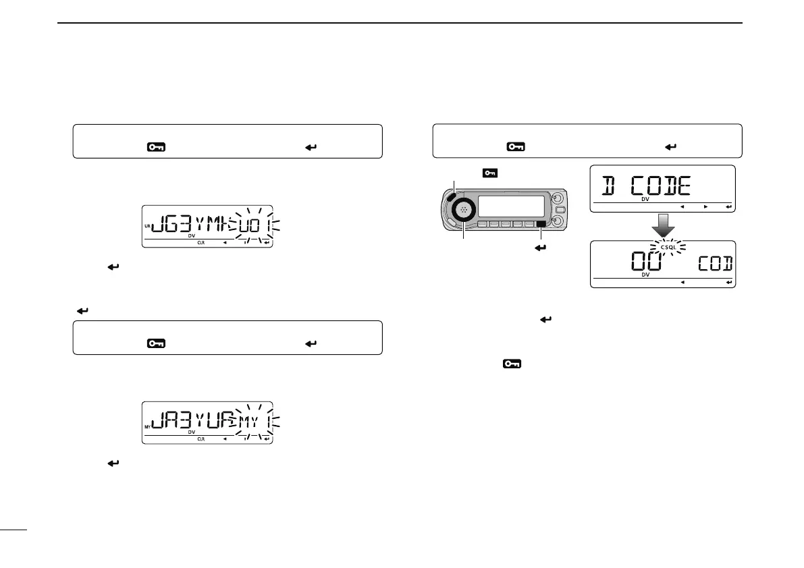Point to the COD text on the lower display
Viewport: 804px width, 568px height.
(715, 264)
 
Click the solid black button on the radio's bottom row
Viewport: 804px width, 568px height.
(539, 223)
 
